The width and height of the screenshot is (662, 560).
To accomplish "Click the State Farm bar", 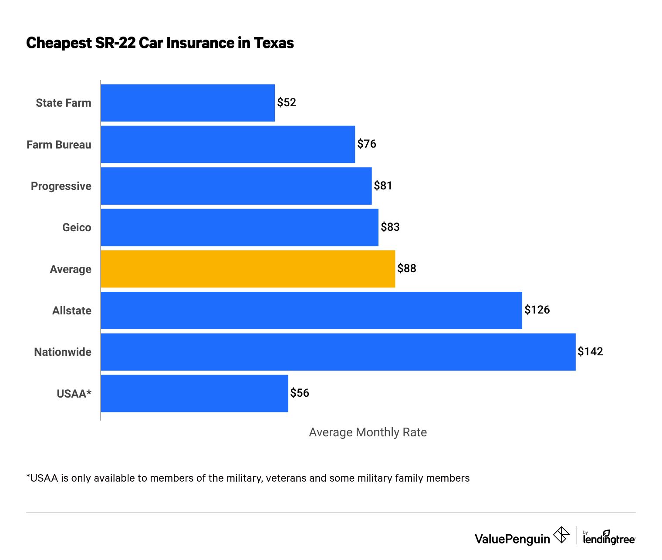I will (188, 103).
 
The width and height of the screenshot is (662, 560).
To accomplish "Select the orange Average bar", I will (248, 269).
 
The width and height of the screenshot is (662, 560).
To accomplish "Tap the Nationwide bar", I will (338, 352).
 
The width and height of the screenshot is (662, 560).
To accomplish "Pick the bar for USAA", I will (194, 393).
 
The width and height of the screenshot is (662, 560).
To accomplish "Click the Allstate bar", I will (311, 310).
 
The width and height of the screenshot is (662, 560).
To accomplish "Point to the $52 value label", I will (287, 102).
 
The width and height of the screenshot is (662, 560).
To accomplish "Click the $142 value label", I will (590, 351).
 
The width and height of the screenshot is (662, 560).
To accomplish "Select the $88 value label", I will (407, 268).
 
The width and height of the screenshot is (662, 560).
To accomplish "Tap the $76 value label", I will (367, 144).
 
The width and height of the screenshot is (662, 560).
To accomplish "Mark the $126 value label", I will (537, 310).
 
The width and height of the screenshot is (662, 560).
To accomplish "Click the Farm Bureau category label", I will (59, 145).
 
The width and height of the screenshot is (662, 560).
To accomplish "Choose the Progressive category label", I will (61, 186).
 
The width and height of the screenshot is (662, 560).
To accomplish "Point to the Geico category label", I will (77, 227).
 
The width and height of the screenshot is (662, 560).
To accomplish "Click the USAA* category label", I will (74, 394).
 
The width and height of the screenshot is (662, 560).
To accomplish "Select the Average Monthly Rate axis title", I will (368, 432).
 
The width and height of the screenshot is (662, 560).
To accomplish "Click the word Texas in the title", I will (274, 43).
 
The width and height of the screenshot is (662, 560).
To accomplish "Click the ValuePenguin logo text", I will (512, 539).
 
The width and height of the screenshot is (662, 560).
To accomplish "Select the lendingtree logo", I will (609, 538).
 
